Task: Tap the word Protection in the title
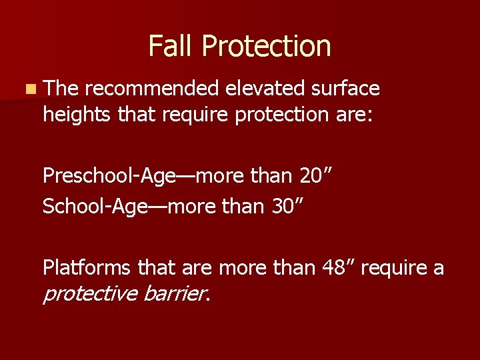pos(266,46)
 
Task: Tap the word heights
pos(77,114)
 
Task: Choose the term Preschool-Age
pos(110,176)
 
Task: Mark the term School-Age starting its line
pos(93,206)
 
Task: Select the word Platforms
pos(88,267)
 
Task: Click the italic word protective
pos(90,293)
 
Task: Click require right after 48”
pos(397,268)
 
